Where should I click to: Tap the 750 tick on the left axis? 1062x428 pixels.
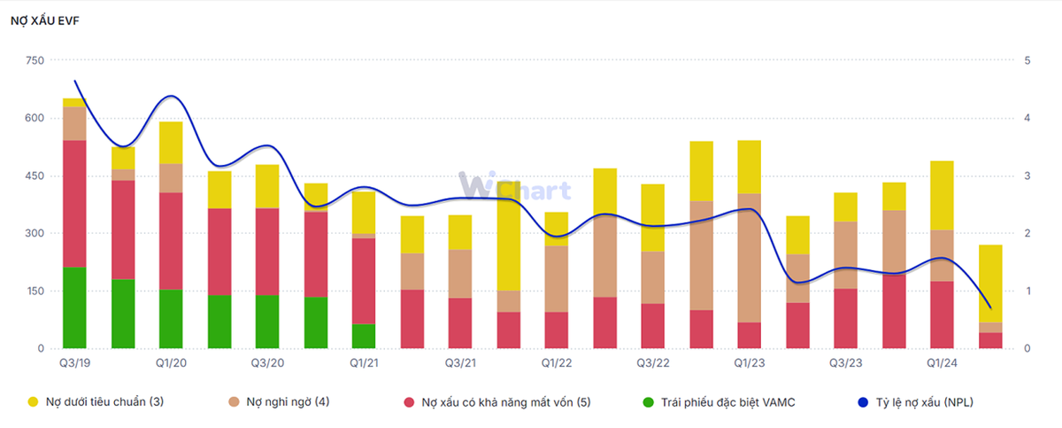tap(35, 60)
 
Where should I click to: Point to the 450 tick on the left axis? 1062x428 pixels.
tap(35, 175)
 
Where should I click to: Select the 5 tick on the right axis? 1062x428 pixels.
tap(1027, 60)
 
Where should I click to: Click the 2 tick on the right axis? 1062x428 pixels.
tap(1027, 233)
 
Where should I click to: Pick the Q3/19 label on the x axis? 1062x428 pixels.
tap(74, 363)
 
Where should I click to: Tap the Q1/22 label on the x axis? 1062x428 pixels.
tap(557, 363)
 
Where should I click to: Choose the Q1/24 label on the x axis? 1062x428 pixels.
tap(942, 363)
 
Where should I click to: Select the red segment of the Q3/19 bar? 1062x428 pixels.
tap(74, 203)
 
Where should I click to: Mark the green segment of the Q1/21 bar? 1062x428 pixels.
tap(364, 336)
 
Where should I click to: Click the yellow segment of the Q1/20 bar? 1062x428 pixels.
tap(171, 143)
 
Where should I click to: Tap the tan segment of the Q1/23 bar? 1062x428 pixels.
tap(749, 257)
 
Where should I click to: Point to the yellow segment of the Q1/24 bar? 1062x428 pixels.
tap(942, 195)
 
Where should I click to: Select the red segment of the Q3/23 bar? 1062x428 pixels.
tap(845, 318)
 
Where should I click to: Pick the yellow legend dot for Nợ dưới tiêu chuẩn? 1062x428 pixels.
tap(34, 402)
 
